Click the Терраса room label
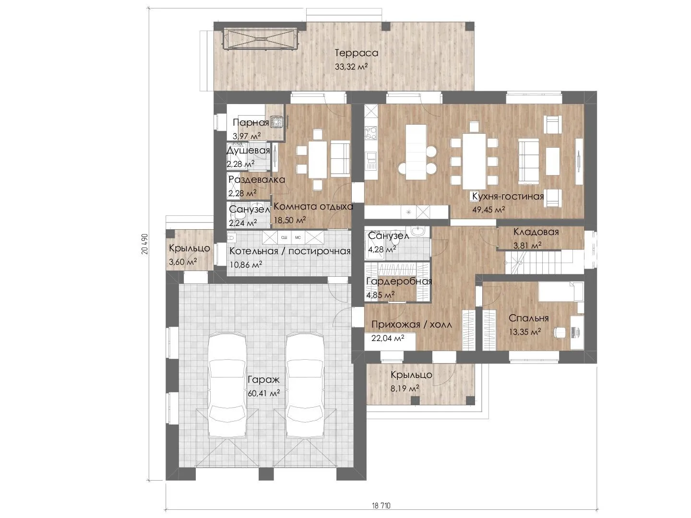[x=357, y=53]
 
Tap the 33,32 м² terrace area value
[x=351, y=67]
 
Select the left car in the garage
[x=227, y=385]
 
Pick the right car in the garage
[x=305, y=385]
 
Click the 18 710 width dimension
[x=381, y=506]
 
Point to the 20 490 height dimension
[x=145, y=244]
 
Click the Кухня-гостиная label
[x=508, y=197]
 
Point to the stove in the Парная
[x=277, y=122]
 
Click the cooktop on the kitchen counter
[x=371, y=132]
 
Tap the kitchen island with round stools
[x=417, y=152]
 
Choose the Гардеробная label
[x=399, y=281]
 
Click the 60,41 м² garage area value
[x=264, y=393]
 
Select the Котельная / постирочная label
[x=290, y=251]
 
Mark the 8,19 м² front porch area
[x=405, y=388]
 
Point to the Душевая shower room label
[x=249, y=151]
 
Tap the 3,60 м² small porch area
[x=183, y=261]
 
